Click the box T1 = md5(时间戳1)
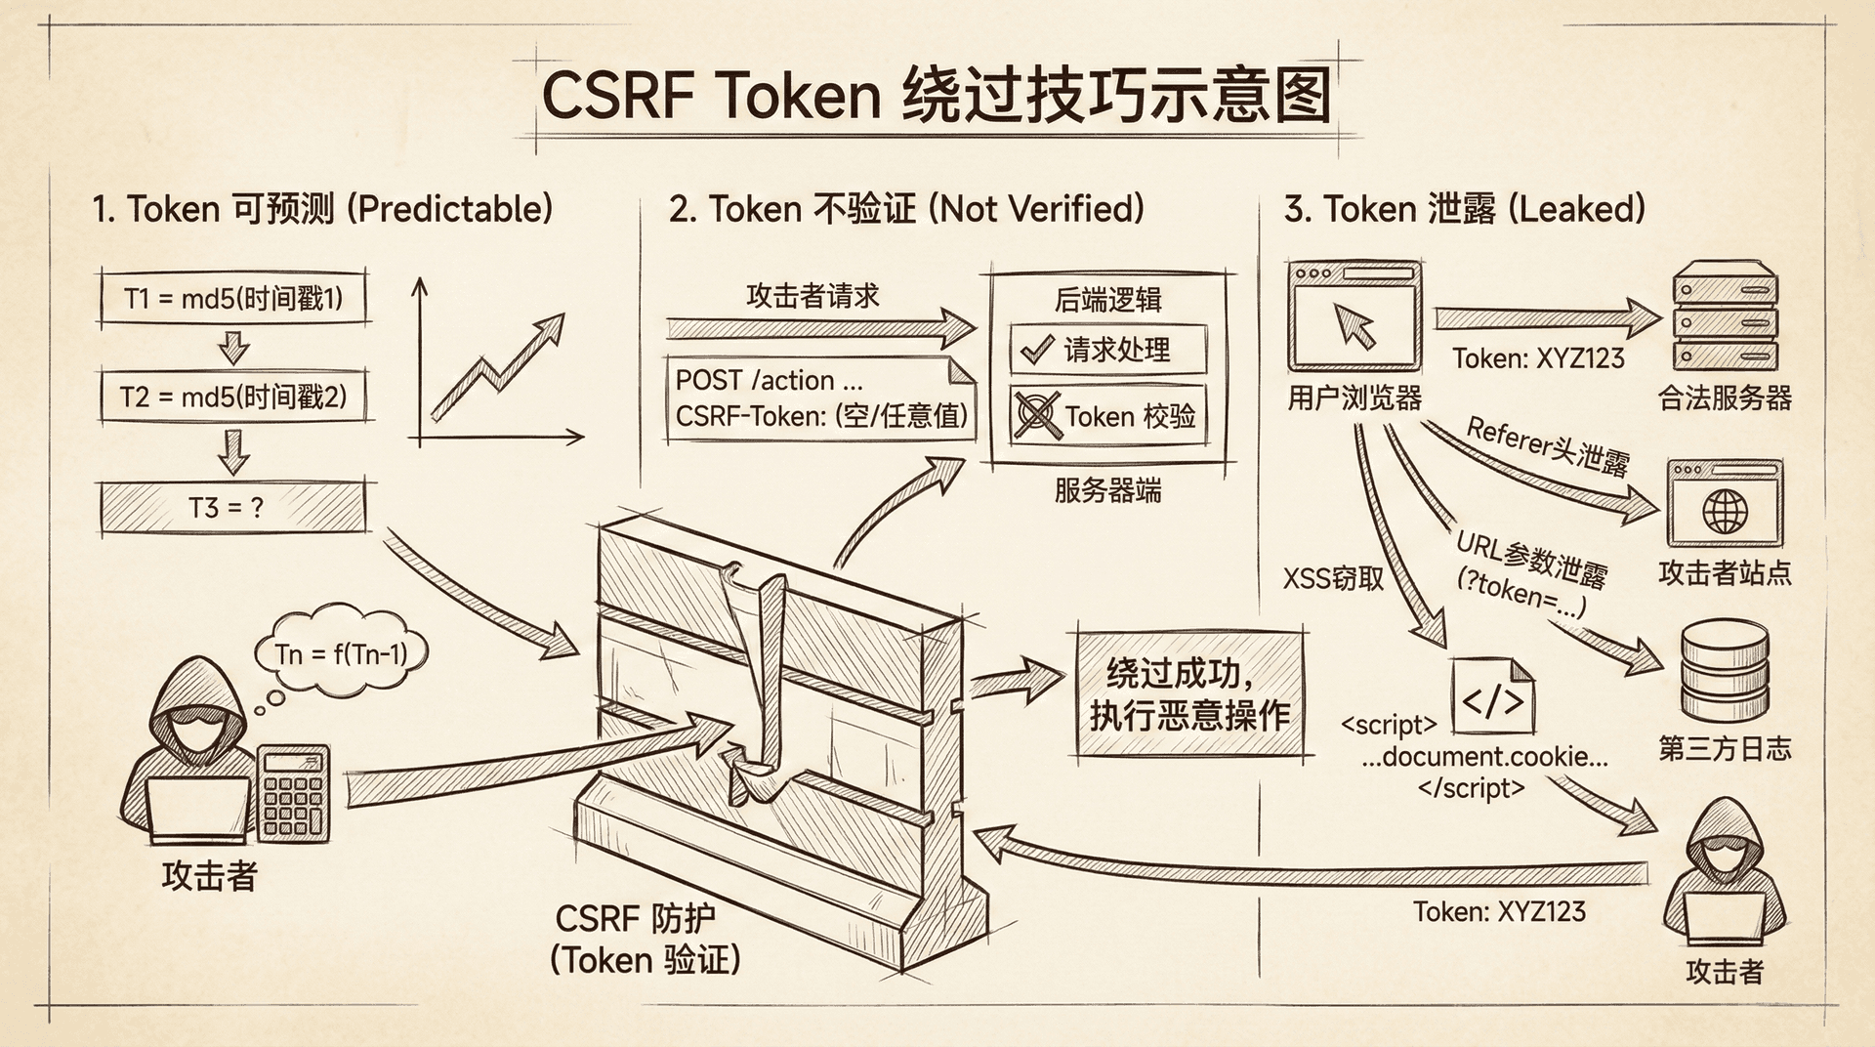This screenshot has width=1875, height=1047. click(x=233, y=298)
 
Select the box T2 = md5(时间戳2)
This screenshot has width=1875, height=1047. click(x=233, y=397)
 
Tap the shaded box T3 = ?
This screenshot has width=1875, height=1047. click(x=233, y=508)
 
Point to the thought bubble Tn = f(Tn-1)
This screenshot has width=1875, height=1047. click(x=341, y=651)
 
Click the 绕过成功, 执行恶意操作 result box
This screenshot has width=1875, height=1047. click(x=1189, y=693)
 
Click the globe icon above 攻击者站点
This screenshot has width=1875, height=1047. click(x=1725, y=510)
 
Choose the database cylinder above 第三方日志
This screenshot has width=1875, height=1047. click(x=1725, y=674)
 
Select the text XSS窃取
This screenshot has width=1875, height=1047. click(x=1333, y=578)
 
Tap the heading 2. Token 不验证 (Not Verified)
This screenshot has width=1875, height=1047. click(x=906, y=209)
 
